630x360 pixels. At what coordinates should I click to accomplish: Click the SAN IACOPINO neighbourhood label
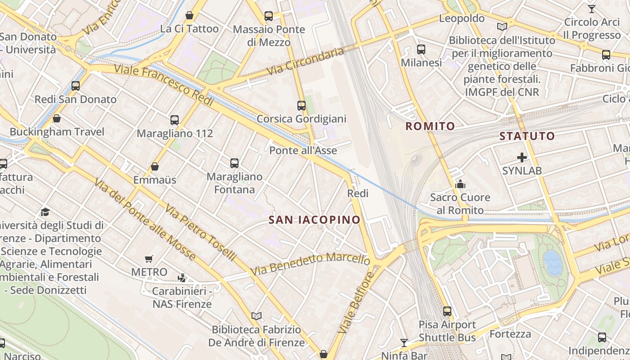pyautogui.click(x=314, y=220)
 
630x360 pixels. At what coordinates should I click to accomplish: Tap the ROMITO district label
pyautogui.click(x=430, y=126)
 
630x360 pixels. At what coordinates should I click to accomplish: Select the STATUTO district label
pyautogui.click(x=527, y=136)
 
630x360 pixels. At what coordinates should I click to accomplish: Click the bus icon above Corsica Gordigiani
pyautogui.click(x=301, y=106)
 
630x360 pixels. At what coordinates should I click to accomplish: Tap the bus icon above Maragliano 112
pyautogui.click(x=175, y=120)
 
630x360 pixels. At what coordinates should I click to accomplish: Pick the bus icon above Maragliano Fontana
pyautogui.click(x=234, y=163)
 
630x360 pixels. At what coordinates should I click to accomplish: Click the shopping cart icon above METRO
pyautogui.click(x=149, y=259)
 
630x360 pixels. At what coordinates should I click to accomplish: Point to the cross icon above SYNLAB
pyautogui.click(x=522, y=157)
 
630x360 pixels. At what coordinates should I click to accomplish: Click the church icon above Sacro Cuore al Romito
pyautogui.click(x=460, y=184)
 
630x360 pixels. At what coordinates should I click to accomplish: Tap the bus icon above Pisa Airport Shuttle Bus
pyautogui.click(x=447, y=311)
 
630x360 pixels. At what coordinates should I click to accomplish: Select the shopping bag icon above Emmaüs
pyautogui.click(x=155, y=166)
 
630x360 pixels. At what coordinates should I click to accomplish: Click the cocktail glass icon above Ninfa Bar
pyautogui.click(x=404, y=343)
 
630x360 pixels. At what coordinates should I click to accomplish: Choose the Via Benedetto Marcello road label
pyautogui.click(x=310, y=264)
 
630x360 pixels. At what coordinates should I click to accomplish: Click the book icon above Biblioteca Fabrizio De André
pyautogui.click(x=256, y=316)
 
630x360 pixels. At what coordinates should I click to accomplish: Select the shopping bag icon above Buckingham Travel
pyautogui.click(x=57, y=118)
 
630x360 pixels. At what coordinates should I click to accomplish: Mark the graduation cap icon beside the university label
pyautogui.click(x=45, y=212)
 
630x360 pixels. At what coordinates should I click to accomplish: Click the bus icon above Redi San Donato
pyautogui.click(x=76, y=85)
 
